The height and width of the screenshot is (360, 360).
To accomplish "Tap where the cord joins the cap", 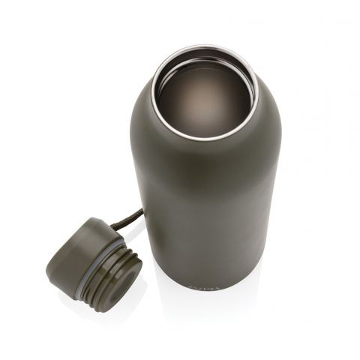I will (110, 224).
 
